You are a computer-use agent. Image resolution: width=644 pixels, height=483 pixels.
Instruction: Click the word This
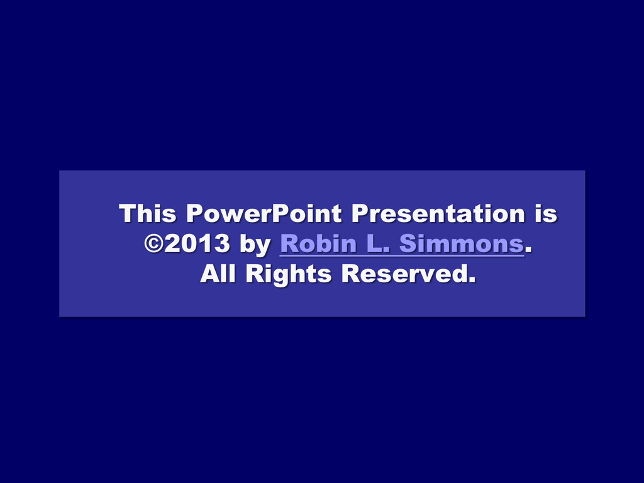tap(147, 213)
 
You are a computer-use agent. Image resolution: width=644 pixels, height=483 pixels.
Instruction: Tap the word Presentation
tap(438, 213)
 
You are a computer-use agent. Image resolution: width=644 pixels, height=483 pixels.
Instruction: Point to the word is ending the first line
tap(546, 213)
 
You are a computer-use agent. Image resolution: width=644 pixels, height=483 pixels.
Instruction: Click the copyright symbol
tap(154, 243)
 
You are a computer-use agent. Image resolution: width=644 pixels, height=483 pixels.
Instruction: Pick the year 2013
tap(197, 243)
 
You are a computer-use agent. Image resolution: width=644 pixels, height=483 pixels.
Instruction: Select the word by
tap(255, 245)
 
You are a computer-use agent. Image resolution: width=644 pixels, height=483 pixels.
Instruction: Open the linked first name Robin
tap(318, 243)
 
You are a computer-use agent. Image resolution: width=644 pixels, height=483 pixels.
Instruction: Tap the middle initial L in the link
tap(377, 243)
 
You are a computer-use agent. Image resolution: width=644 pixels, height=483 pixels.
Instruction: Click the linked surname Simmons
tap(461, 243)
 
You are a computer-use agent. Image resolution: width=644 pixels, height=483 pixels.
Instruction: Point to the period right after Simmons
tap(528, 250)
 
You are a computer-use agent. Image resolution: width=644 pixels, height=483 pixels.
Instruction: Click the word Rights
tap(288, 275)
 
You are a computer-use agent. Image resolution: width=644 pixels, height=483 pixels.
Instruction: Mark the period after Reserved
tap(472, 280)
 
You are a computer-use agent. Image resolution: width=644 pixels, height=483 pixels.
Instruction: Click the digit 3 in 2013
tap(222, 243)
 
